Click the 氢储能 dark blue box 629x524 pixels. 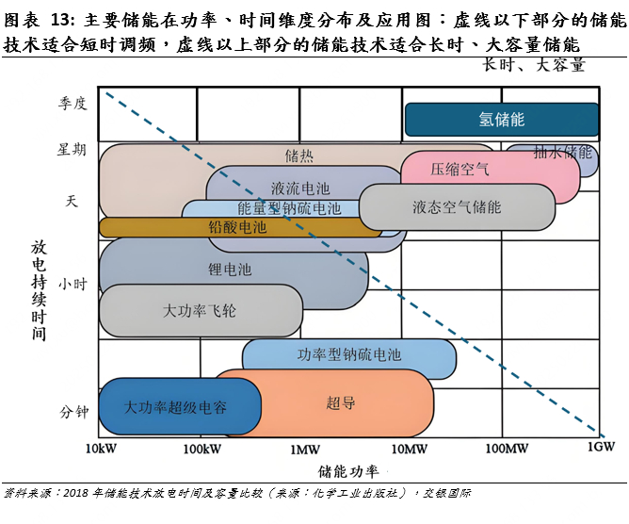(501, 120)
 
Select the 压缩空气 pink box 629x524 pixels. (460, 170)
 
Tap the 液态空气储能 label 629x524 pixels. (457, 207)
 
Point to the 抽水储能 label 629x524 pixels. (562, 152)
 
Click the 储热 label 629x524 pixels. (299, 155)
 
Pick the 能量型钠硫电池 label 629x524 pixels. (289, 208)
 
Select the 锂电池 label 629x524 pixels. (230, 269)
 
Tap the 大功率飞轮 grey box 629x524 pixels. (200, 310)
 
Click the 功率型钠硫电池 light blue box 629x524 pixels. (348, 355)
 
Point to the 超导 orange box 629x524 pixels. (341, 402)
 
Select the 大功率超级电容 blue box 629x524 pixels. (175, 407)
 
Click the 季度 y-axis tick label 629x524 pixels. (72, 103)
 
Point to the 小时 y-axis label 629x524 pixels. (72, 283)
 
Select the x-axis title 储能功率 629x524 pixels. (348, 469)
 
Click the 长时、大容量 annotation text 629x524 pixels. (533, 65)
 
